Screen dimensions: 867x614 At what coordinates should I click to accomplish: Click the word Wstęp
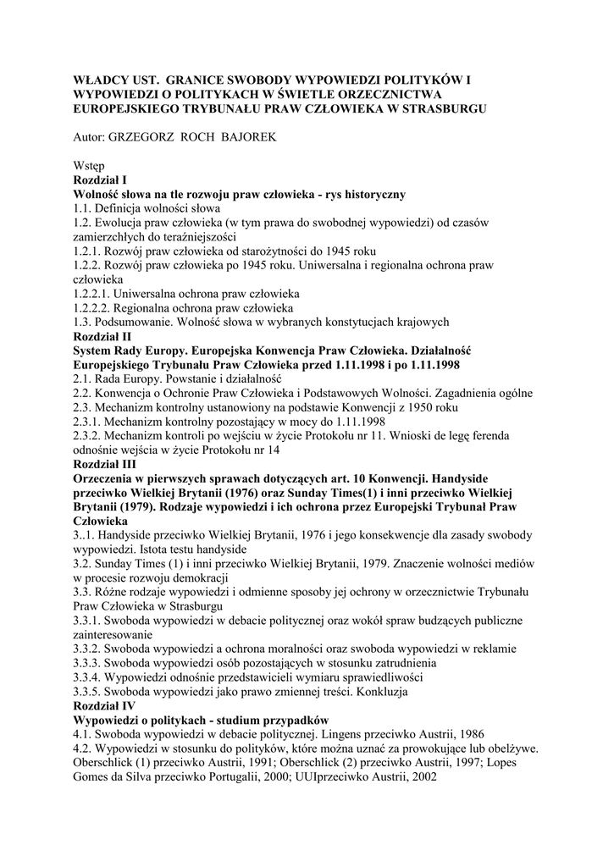point(89,166)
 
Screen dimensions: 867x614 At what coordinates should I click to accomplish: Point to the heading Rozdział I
point(100,180)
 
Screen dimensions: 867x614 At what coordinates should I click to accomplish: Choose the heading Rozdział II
point(102,336)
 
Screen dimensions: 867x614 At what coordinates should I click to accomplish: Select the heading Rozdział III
point(105,465)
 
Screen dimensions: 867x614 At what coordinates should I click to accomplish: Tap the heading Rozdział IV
point(105,705)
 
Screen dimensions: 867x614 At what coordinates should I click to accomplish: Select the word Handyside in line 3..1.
point(129,535)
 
